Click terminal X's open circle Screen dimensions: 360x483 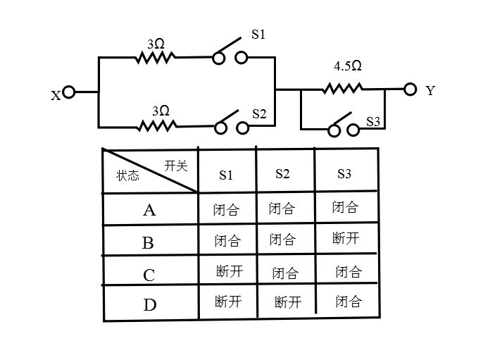pos(68,92)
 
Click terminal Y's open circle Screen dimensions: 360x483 pos(410,89)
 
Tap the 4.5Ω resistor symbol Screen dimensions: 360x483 pos(343,89)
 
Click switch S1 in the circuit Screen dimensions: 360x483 pos(230,54)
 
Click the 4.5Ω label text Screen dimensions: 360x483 pos(348,67)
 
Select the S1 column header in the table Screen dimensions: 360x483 pos(226,175)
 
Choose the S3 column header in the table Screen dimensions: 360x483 pos(344,174)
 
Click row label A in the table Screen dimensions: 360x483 pos(149,210)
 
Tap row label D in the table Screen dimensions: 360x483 pos(150,305)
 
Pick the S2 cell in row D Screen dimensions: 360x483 pos(287,302)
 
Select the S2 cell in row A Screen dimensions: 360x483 pos(282,209)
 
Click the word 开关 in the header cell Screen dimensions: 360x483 pos(176,166)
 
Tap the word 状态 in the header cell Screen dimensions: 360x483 pos(128,175)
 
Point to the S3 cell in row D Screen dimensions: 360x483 pos(348,302)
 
